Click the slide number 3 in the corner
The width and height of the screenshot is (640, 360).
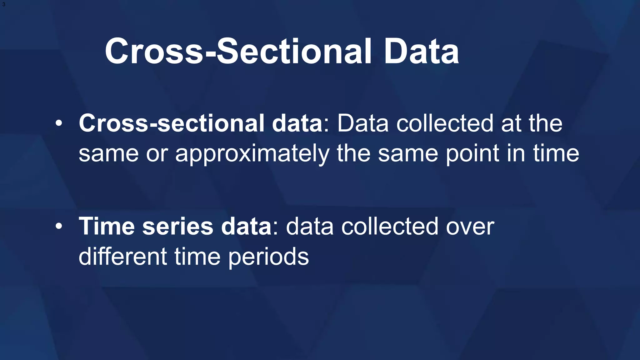3,4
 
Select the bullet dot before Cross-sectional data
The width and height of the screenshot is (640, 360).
59,123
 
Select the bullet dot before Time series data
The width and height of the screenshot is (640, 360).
59,227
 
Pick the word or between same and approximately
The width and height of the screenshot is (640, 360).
157,154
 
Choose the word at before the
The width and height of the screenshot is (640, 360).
511,123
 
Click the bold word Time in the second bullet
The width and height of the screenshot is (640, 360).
107,226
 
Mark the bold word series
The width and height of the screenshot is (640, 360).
177,226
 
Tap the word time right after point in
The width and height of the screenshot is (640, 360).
556,154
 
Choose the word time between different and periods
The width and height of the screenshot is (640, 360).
197,257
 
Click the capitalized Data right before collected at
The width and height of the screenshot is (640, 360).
362,123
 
